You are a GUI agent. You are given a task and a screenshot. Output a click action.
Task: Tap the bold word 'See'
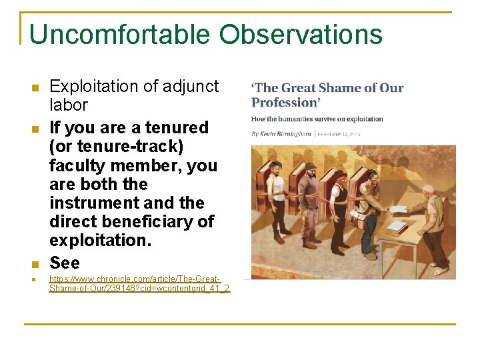click(65, 263)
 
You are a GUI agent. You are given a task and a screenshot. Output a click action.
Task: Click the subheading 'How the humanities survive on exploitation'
click(317, 119)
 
